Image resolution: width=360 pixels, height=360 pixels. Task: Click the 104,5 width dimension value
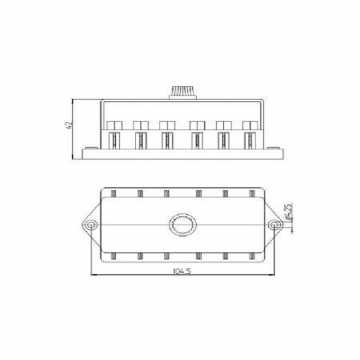pyautogui.click(x=182, y=272)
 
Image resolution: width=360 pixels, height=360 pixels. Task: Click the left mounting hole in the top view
pyautogui.click(x=91, y=225)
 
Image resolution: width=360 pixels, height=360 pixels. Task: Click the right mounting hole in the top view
pyautogui.click(x=274, y=225)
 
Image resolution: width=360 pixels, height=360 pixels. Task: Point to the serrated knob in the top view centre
pyautogui.click(x=183, y=225)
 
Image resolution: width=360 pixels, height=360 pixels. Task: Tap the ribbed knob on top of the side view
pyautogui.click(x=183, y=92)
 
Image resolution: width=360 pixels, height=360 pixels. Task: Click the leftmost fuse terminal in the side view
pyautogui.click(x=114, y=140)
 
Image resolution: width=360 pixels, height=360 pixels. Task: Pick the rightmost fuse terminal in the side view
pyautogui.click(x=250, y=140)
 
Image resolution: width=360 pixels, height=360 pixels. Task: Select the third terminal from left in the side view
pyautogui.click(x=167, y=140)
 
